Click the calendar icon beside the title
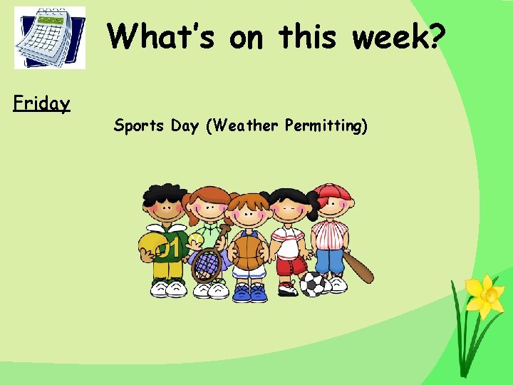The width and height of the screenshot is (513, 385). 50,38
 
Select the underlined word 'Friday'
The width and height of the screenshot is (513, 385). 42,104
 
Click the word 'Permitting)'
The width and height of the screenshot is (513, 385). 326,127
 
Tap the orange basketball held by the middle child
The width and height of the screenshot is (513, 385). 249,252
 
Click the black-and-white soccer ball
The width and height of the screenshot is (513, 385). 313,284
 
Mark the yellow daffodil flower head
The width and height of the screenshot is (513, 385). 484,294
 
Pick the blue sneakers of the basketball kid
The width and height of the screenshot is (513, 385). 249,292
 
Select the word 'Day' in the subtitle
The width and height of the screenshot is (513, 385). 185,127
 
